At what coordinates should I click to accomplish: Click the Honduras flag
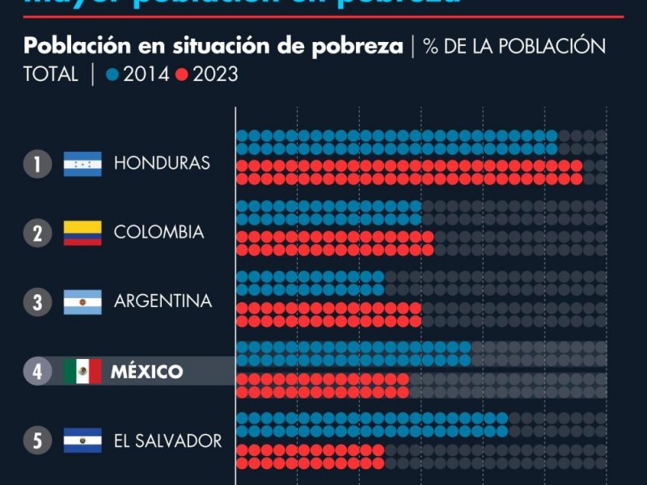pos(82,164)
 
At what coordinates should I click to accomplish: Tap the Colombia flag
pos(82,233)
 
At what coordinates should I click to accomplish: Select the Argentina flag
pos(82,302)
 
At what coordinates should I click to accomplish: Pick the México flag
pos(82,372)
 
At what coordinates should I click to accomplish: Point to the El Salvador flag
pos(82,441)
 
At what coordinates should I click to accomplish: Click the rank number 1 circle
pos(37,164)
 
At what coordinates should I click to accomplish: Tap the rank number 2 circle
pos(37,234)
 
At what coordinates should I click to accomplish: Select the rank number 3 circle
pos(37,302)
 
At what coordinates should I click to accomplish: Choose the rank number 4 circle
pos(37,372)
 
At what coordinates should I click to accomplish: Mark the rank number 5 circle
pos(37,441)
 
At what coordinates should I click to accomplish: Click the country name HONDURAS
pos(162,163)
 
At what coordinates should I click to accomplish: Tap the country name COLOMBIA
pos(159,233)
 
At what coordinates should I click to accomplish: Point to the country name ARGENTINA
pos(163,302)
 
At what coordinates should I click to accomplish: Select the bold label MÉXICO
pos(146,372)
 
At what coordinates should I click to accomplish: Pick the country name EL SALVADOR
pos(167,441)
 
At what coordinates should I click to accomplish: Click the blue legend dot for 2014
pos(112,75)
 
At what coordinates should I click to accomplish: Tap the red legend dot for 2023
pos(181,75)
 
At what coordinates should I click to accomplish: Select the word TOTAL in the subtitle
pos(51,74)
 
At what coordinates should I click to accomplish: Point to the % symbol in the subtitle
pos(431,46)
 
